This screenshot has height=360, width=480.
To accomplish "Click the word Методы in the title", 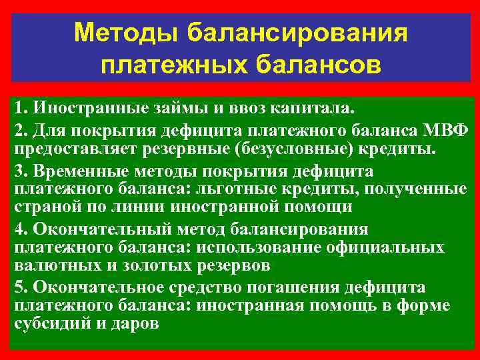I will [x=126, y=33].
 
